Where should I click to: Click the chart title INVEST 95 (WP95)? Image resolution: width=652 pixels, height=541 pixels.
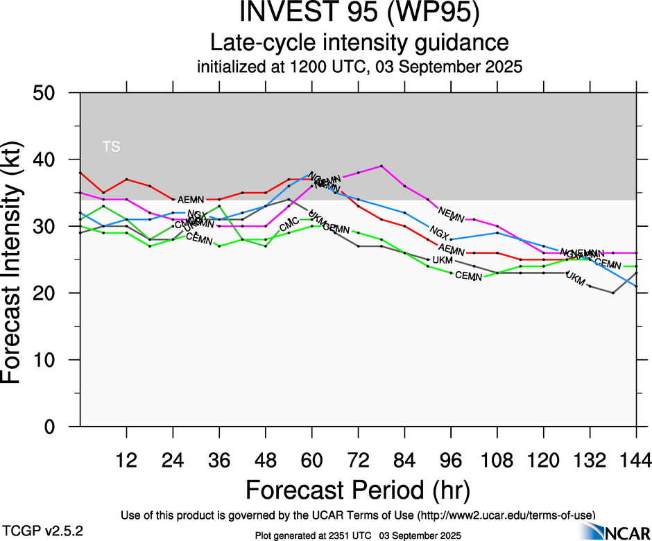[359, 13]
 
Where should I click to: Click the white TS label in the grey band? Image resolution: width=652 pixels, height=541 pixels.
[111, 146]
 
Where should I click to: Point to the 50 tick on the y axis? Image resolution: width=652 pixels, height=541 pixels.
[57, 93]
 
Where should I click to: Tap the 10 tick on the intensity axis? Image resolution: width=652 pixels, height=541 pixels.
[57, 361]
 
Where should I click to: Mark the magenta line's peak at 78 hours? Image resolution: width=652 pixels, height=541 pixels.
[381, 166]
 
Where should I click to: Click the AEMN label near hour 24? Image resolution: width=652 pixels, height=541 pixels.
[191, 200]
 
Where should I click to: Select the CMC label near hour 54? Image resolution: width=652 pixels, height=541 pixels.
[289, 226]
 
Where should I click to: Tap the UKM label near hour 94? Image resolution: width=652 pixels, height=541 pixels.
[443, 260]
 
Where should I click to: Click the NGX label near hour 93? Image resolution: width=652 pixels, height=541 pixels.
[439, 231]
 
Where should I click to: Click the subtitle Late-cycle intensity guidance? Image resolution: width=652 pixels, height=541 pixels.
[359, 43]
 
